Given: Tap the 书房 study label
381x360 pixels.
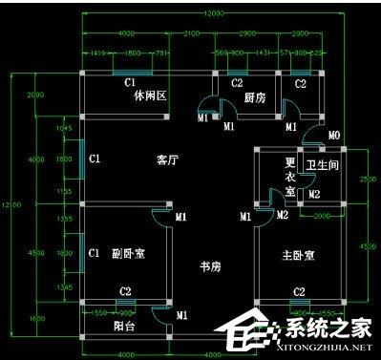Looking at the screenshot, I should (211, 265).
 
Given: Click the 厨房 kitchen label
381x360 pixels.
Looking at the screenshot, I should (254, 97).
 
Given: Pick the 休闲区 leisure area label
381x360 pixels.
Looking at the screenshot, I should (151, 96).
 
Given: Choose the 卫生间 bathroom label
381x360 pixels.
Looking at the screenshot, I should (318, 164).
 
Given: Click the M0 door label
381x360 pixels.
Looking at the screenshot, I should (333, 137).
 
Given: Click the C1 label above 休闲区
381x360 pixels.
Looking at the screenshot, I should (131, 83).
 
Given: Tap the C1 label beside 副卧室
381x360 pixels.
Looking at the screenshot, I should (94, 253).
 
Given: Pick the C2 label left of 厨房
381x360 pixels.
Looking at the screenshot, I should (237, 84).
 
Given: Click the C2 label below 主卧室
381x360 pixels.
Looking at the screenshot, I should (299, 291).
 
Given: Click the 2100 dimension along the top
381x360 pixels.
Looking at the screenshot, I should (191, 33).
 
